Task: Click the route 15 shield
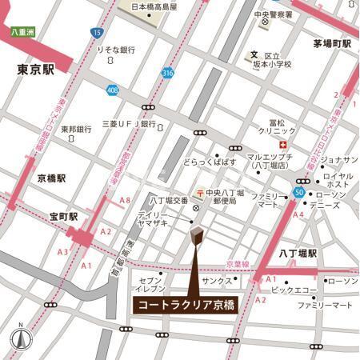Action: point(97,33)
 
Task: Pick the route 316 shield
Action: point(166,73)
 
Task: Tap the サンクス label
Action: point(217,282)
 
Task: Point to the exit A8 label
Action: point(125,199)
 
